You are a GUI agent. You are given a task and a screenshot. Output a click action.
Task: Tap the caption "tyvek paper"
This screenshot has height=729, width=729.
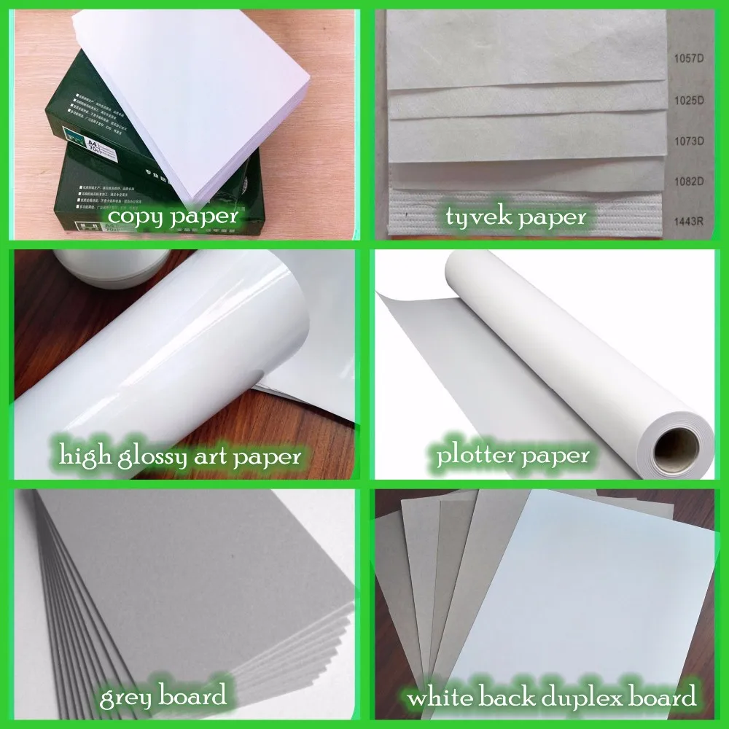pyautogui.click(x=518, y=217)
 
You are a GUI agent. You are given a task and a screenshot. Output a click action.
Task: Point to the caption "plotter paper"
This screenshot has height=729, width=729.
pyautogui.click(x=512, y=457)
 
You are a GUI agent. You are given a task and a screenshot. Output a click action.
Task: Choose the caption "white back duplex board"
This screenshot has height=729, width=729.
pyautogui.click(x=552, y=698)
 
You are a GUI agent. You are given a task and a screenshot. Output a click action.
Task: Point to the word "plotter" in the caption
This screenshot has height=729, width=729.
pyautogui.click(x=476, y=457)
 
